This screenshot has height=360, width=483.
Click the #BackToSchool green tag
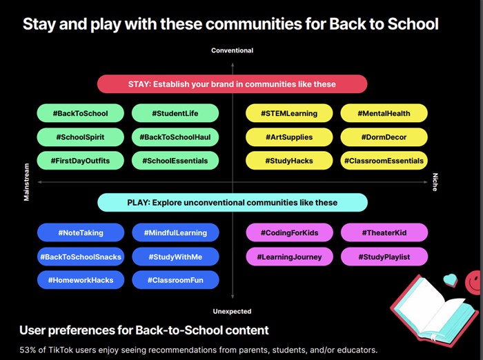point(80,113)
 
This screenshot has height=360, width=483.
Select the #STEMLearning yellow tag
point(289,113)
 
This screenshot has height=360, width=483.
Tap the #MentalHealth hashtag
point(384,113)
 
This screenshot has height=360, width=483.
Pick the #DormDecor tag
point(384,137)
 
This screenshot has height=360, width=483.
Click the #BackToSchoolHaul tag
point(175,137)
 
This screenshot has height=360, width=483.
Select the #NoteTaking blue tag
point(80,233)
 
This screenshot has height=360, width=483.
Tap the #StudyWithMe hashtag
point(175,257)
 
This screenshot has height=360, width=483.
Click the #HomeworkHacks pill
point(80,281)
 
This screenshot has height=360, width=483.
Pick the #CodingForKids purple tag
point(289,233)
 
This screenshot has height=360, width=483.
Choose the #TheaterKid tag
point(384,233)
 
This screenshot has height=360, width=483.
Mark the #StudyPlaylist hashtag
point(384,257)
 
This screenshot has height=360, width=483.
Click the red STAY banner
point(232,84)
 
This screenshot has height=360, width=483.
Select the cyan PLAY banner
point(232,203)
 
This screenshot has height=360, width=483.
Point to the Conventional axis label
point(232,50)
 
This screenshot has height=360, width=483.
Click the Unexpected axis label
point(232,311)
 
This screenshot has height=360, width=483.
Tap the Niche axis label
point(435,183)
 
